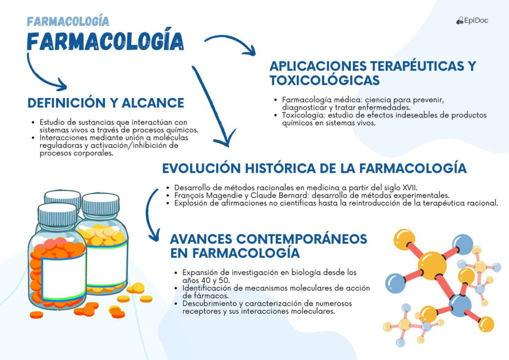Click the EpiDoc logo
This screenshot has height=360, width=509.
click(472, 20)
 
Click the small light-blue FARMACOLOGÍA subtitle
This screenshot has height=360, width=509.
click(68, 21)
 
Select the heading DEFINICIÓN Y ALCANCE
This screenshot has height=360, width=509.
click(106, 103)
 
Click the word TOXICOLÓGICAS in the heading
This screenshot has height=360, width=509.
click(324, 80)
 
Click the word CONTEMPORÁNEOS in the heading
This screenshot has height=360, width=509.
click(302, 239)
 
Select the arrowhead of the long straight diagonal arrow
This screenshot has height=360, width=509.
click(226, 139)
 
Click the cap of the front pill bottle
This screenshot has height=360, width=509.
click(58, 215)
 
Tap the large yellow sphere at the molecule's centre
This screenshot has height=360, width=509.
click(432, 266)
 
